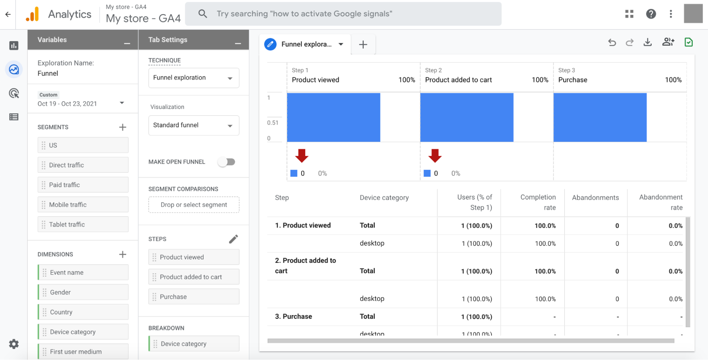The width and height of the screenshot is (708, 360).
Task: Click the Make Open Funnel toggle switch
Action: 227,162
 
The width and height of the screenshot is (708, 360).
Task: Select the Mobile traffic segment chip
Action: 83,204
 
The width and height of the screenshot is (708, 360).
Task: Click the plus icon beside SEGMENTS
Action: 123,127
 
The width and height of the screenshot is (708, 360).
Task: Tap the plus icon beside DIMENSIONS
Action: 123,254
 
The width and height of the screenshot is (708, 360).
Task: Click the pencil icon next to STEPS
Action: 233,239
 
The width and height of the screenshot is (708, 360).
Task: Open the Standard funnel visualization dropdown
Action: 194,125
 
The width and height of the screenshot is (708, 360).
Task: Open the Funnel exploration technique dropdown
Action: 194,78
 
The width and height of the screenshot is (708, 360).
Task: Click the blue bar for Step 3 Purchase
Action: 600,117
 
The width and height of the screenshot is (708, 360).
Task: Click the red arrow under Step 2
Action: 435,156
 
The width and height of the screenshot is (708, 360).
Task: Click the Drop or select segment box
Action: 194,205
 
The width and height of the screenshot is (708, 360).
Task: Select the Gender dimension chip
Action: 83,292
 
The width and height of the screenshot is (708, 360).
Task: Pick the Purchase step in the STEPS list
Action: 194,297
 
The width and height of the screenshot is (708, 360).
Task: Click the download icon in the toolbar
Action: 647,43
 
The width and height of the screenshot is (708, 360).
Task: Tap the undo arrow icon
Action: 612,43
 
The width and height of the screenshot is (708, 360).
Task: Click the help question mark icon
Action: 651,14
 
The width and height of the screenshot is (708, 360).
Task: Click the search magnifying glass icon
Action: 203,14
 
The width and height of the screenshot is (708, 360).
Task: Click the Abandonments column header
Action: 595,198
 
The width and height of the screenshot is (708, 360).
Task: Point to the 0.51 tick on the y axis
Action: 273,123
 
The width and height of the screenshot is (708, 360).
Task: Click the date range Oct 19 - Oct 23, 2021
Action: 67,104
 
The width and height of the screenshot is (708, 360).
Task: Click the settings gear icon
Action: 14,344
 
